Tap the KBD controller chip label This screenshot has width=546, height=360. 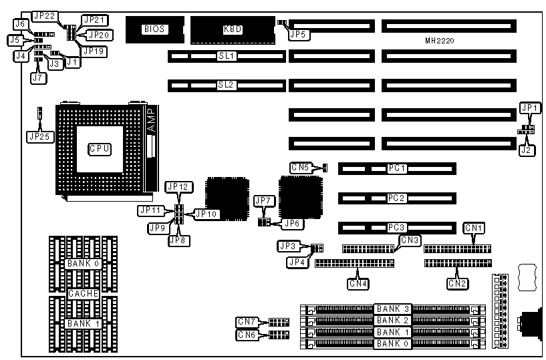[233, 29]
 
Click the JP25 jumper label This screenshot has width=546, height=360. [39, 136]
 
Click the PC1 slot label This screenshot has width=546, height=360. [397, 168]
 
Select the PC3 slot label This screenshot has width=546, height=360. [397, 228]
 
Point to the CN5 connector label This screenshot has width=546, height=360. [300, 167]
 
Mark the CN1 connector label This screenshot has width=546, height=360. [474, 228]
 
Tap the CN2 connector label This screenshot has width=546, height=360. [457, 284]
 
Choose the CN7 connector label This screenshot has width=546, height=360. [246, 322]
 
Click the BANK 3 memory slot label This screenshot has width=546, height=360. [390, 309]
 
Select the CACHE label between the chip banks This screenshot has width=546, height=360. [83, 293]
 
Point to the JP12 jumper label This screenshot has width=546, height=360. [178, 186]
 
